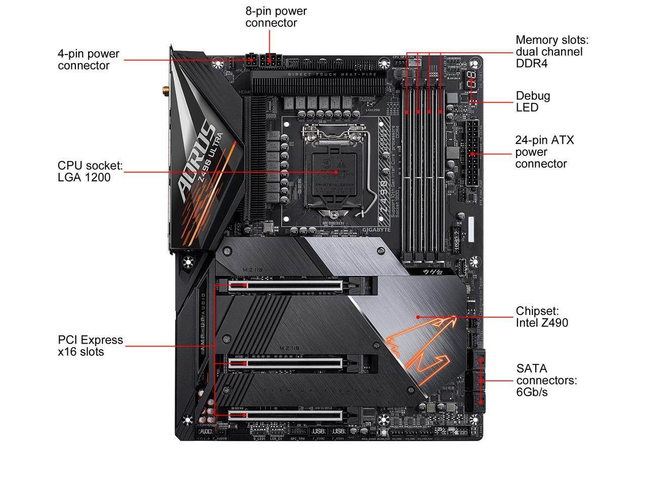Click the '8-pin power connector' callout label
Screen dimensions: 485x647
click(x=276, y=17)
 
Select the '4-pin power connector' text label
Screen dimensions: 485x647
click(x=88, y=60)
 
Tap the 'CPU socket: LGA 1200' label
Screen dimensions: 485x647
click(x=90, y=171)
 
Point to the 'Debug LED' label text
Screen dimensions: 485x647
click(x=533, y=102)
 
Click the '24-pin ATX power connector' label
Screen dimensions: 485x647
click(x=544, y=152)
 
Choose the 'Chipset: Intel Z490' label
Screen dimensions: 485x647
click(x=542, y=317)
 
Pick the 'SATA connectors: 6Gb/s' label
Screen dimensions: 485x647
click(x=546, y=380)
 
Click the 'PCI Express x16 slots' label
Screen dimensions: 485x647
click(x=90, y=346)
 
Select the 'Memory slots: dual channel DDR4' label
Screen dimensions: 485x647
click(x=552, y=52)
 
